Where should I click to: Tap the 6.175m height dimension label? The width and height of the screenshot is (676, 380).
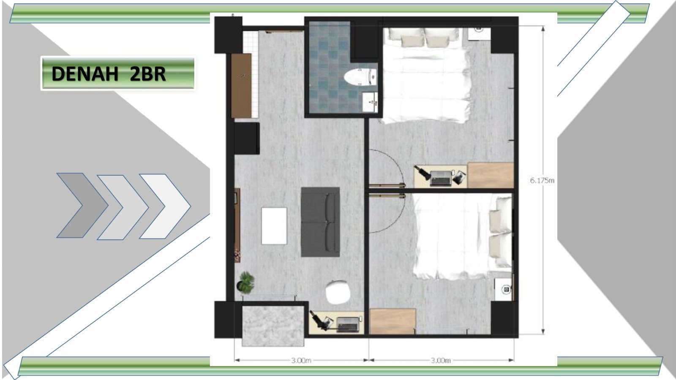[542, 180]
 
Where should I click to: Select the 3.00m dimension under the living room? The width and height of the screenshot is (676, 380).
[301, 360]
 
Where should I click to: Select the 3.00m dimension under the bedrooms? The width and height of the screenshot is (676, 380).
[441, 360]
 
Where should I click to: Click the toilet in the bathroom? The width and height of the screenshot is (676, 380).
[360, 77]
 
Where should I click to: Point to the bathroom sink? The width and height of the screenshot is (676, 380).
[370, 102]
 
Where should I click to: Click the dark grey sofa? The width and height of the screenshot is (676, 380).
[321, 222]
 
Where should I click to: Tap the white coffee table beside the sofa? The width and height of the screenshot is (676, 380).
[274, 226]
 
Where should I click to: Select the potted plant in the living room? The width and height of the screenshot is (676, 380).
[245, 282]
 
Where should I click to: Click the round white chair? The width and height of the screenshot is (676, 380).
[338, 292]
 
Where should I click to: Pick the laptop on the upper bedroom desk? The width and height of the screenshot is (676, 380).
[441, 178]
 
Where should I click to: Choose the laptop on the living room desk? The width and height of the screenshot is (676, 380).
[348, 324]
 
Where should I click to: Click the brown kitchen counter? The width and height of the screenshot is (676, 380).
[241, 86]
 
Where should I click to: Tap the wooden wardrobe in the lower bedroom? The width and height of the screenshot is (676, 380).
[393, 321]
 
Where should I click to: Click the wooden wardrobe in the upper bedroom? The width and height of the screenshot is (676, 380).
[491, 175]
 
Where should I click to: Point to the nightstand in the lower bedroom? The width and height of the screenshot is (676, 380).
[503, 289]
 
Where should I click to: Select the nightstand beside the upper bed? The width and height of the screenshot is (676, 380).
[479, 34]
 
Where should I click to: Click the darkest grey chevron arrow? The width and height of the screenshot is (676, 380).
[82, 205]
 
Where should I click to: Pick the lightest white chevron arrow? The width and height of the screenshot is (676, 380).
[165, 206]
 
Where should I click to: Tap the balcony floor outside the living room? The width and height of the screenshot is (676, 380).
[273, 326]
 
